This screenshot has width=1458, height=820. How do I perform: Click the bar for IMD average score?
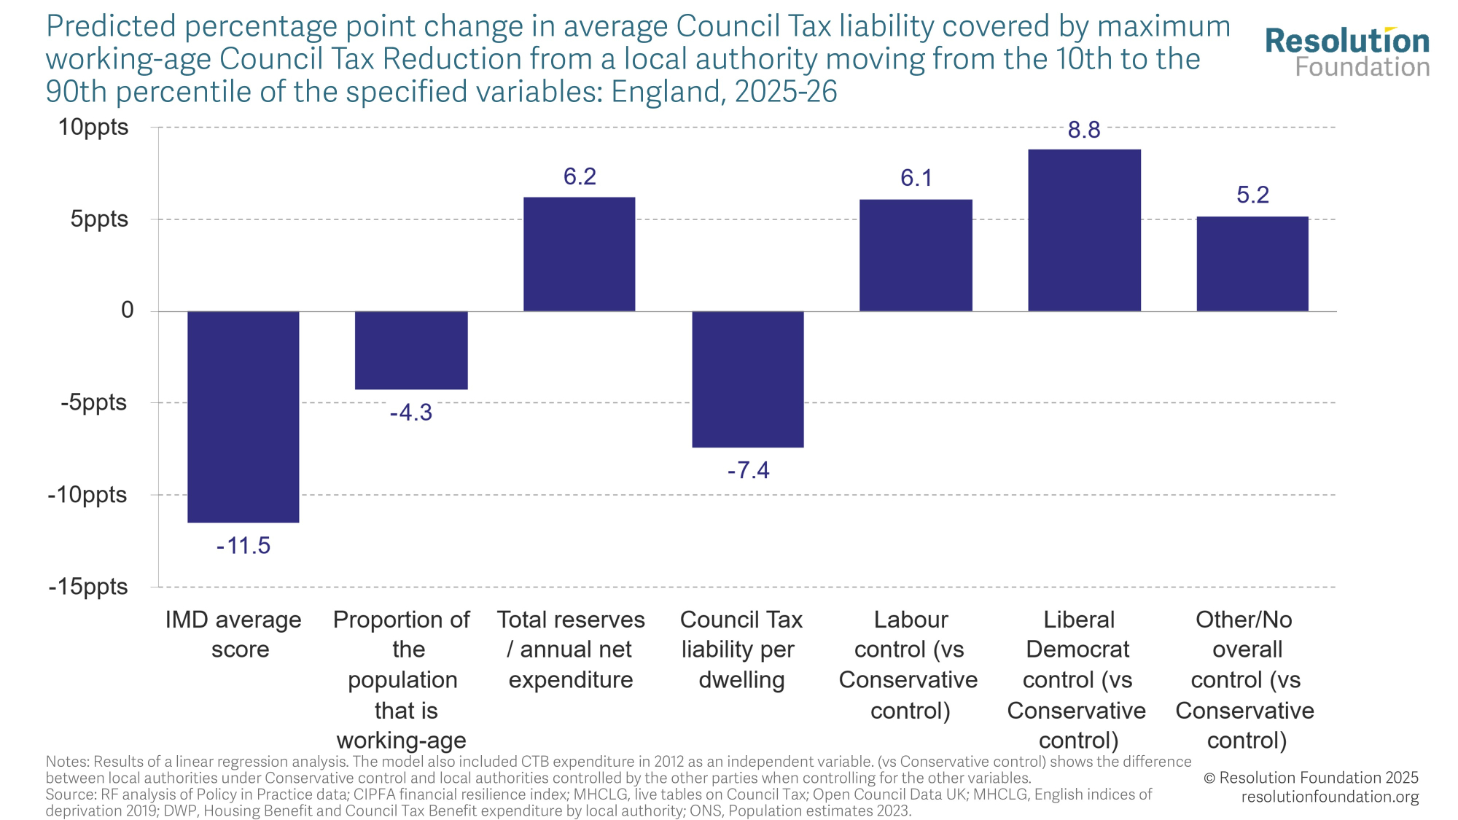tap(243, 416)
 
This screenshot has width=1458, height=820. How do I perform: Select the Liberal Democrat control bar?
tap(1084, 230)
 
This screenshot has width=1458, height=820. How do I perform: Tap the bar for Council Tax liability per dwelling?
tap(747, 379)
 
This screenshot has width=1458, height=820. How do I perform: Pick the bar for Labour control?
tap(916, 255)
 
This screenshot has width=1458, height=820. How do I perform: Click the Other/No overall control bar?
tap(1252, 264)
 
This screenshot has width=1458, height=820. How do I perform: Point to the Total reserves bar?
tap(579, 254)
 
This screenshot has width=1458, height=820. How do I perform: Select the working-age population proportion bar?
tap(411, 350)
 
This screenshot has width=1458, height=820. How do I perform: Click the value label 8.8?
tap(1084, 130)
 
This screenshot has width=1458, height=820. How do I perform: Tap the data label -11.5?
tap(243, 546)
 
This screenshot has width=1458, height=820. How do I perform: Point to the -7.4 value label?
tap(748, 471)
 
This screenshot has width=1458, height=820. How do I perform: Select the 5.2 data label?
tap(1252, 195)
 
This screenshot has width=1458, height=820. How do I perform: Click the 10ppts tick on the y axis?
tap(93, 128)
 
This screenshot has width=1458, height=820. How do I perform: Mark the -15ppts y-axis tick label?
tap(88, 587)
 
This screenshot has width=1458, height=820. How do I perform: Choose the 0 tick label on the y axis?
tap(128, 311)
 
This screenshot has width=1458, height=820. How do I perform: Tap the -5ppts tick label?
tap(93, 402)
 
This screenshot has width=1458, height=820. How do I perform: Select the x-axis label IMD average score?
tap(233, 634)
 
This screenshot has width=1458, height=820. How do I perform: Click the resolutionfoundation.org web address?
tap(1330, 797)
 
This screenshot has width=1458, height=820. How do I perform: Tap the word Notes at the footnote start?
tap(66, 762)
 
